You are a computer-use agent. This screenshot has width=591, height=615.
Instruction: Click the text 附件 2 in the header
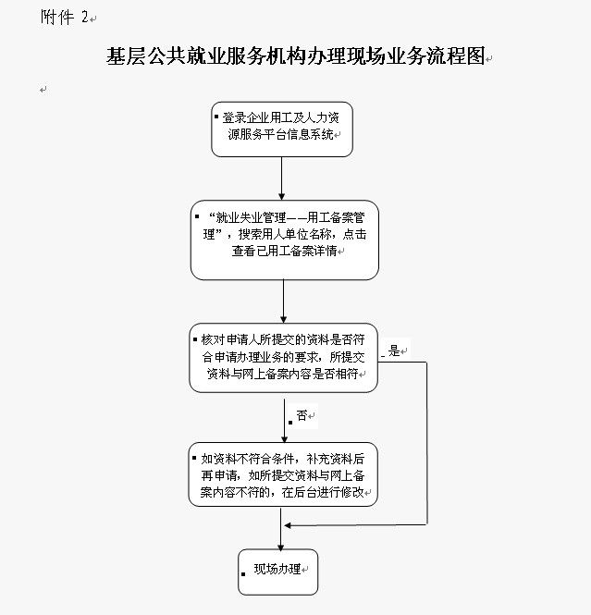[67, 17]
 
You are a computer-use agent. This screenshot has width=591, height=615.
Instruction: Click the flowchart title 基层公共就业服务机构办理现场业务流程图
[296, 57]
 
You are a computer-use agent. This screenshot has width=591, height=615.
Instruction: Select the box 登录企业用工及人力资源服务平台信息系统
[281, 129]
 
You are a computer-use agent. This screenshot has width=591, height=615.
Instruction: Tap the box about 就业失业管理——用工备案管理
[284, 240]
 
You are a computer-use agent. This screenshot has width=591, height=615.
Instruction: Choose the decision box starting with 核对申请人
[284, 358]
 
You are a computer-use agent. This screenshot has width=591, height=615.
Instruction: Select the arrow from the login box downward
[281, 178]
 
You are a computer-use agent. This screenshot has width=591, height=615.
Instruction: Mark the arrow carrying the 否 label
[284, 417]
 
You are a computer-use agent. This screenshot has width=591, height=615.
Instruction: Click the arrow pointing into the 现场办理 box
[279, 532]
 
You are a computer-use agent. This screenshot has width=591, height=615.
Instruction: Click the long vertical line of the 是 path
[426, 444]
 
